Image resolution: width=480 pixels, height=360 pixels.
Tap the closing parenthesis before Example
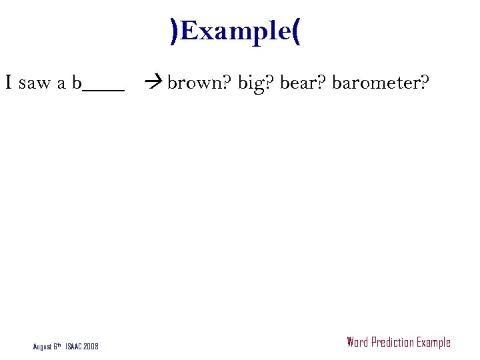pos(174,31)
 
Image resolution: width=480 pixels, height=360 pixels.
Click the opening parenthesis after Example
pos(296,31)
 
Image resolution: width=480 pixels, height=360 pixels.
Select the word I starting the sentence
pos(9,83)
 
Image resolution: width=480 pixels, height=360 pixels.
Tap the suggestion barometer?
pos(381,83)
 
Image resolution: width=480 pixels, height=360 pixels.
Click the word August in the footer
pos(43,347)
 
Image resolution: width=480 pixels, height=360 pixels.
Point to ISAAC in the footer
pos(74,347)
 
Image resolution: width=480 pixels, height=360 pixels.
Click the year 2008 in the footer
pos(91,347)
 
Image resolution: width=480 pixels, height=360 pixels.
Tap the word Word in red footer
pos(357,343)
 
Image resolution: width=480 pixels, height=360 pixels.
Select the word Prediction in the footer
pos(392,343)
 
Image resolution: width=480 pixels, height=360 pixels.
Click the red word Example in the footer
pos(433,343)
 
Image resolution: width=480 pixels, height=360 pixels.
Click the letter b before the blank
pos(77,83)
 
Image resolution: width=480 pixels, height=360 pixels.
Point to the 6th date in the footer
pos(59,346)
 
